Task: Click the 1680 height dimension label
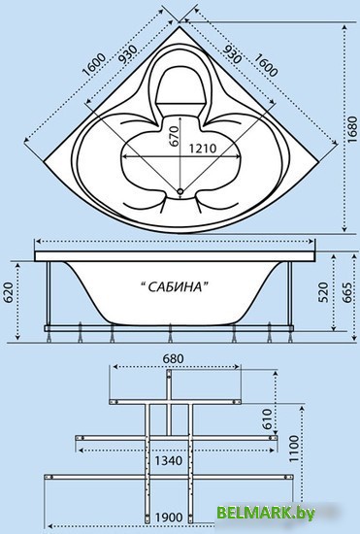click(353, 129)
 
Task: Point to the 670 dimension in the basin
click(174, 136)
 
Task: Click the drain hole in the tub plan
click(180, 191)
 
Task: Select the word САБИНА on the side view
click(175, 286)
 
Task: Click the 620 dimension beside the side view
click(9, 292)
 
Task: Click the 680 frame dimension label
click(173, 358)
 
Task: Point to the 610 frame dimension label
click(268, 418)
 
